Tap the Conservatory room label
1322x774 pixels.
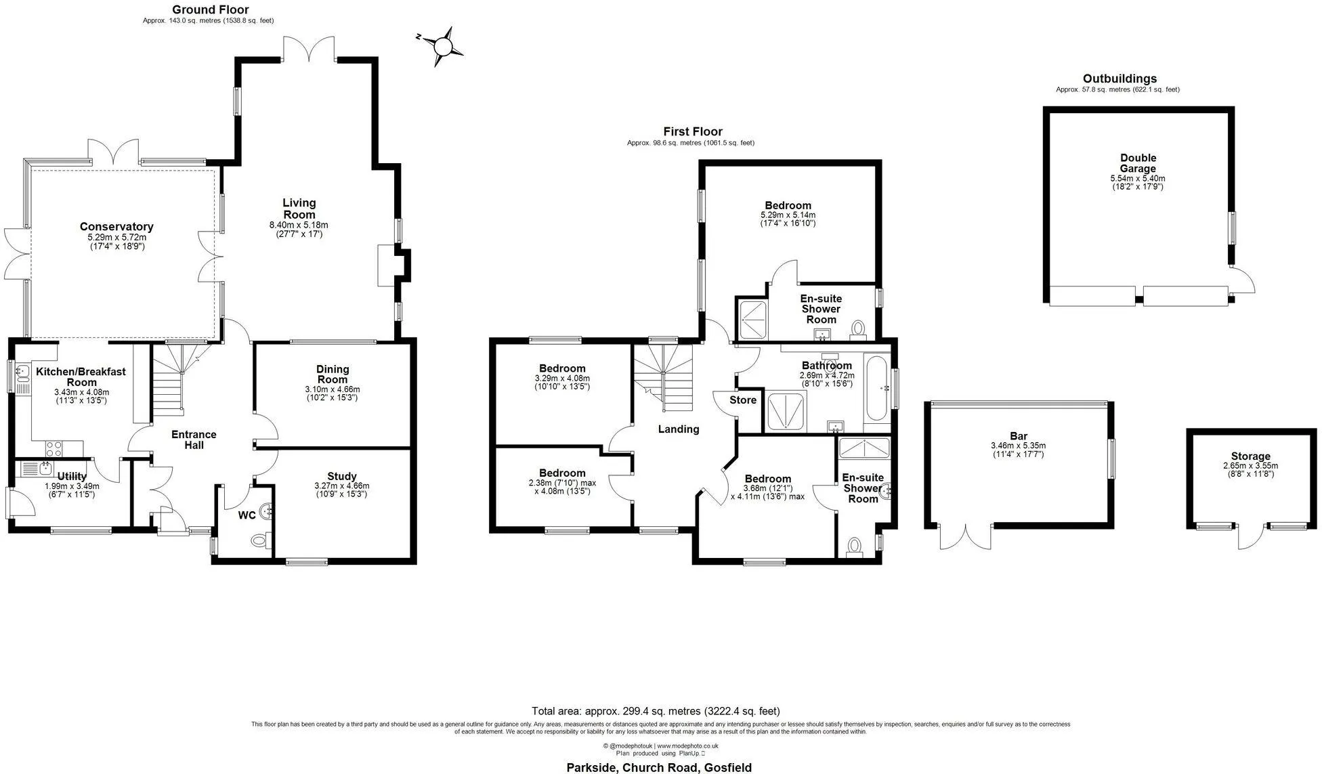click(x=116, y=227)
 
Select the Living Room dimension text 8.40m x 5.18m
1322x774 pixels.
click(x=299, y=225)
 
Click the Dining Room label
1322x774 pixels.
click(x=333, y=374)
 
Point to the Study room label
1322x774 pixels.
click(x=342, y=476)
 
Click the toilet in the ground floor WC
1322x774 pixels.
click(x=260, y=540)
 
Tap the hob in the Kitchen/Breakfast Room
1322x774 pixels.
click(x=54, y=448)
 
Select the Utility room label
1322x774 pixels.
click(x=72, y=477)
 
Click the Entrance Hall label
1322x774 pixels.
click(x=194, y=439)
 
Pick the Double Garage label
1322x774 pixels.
click(x=1138, y=163)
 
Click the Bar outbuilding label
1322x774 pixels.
click(x=1019, y=436)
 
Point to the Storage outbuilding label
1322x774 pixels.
click(x=1251, y=456)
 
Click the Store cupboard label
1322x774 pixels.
click(x=743, y=400)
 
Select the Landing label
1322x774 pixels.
click(x=679, y=429)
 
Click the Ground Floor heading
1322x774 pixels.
click(x=210, y=9)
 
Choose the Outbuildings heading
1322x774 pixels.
click(x=1120, y=79)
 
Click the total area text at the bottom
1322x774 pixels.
click(x=656, y=711)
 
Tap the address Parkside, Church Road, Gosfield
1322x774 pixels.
click(x=659, y=767)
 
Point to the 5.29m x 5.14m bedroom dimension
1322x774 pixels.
click(x=788, y=215)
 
